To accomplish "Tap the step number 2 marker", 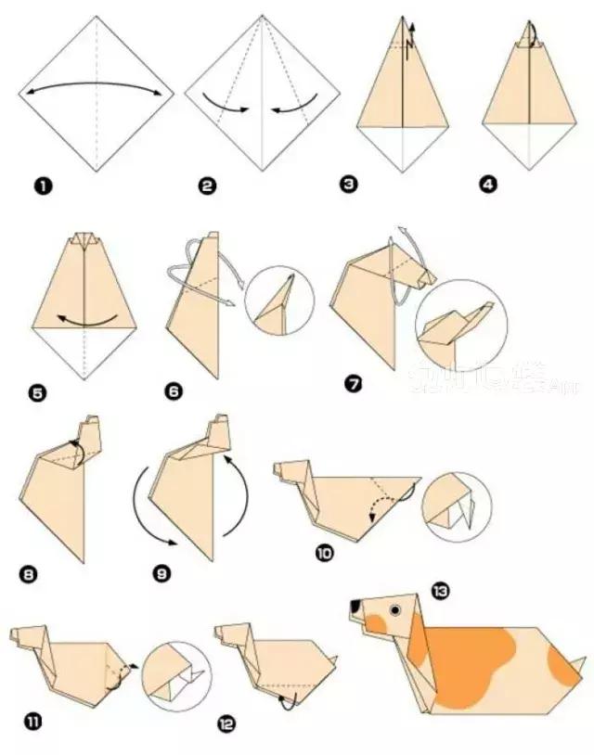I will (x=207, y=186).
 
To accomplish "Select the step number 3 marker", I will (x=349, y=184).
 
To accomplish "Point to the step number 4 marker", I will (x=489, y=184).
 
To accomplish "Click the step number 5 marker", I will (x=38, y=393).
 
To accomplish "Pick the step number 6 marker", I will (x=173, y=391).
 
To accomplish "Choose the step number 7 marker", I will (x=353, y=381).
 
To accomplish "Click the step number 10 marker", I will (x=325, y=554).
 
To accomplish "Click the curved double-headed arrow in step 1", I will (x=97, y=86).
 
